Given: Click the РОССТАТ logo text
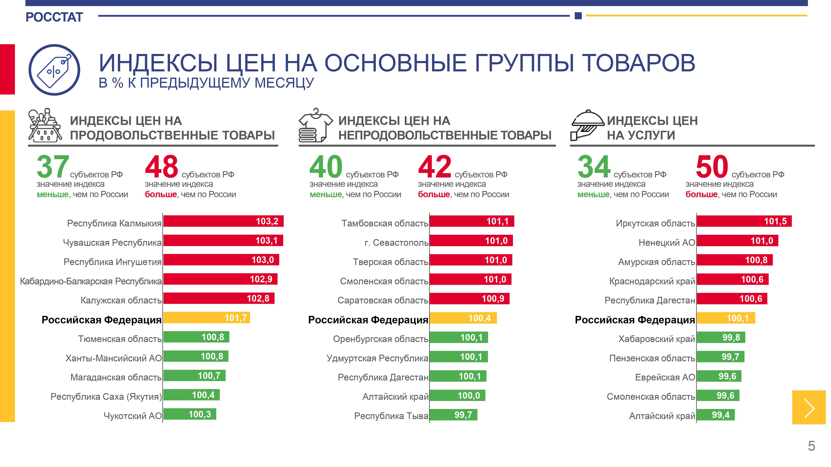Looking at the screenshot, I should [x=54, y=17].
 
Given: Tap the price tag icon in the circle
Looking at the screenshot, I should [x=54, y=70].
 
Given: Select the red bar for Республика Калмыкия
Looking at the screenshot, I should [x=223, y=221].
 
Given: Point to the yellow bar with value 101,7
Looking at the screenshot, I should [x=207, y=318].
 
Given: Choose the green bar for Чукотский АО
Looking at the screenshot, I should [x=190, y=414].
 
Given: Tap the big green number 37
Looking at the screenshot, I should [x=53, y=167].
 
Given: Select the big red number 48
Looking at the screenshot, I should [x=161, y=167].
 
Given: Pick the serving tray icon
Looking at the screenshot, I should [x=587, y=126].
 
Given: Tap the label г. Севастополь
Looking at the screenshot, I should [x=396, y=242].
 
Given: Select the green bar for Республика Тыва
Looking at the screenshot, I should [x=453, y=415].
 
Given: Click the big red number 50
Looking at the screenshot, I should [x=712, y=167].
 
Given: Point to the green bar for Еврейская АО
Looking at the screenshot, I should [x=719, y=376].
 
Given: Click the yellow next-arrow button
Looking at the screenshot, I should [x=809, y=407].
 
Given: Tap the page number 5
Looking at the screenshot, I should [x=811, y=446].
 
